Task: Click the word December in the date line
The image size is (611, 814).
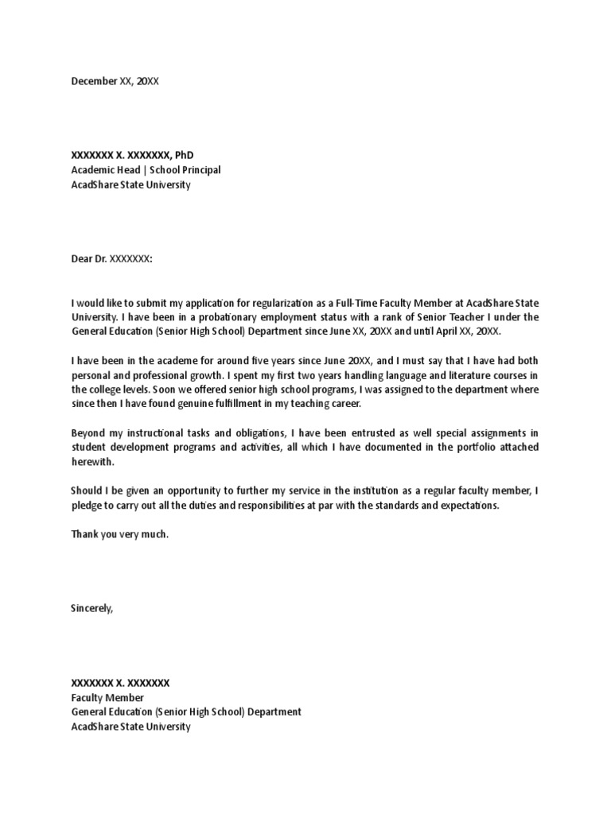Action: click(94, 81)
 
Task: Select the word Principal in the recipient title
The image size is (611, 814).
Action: click(201, 170)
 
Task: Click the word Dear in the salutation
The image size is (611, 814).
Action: click(82, 258)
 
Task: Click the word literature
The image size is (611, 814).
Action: click(465, 375)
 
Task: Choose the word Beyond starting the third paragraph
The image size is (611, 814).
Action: click(88, 432)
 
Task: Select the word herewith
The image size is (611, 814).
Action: click(93, 462)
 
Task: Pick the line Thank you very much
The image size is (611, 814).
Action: click(120, 534)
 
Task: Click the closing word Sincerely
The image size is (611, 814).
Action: click(92, 608)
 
